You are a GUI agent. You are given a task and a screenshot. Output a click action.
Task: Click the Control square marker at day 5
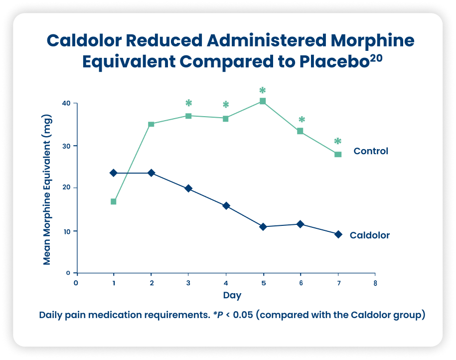pos(263,101)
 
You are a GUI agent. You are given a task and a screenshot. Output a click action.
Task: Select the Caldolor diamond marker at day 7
pos(338,234)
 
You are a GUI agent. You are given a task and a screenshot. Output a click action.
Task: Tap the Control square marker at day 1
pos(113,201)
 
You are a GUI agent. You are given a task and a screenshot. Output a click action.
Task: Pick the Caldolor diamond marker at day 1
pos(113,173)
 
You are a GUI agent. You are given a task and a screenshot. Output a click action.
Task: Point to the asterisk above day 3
pos(188,103)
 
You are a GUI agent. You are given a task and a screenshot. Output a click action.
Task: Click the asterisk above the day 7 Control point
pos(338,142)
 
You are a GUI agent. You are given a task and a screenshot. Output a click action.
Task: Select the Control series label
pos(370,151)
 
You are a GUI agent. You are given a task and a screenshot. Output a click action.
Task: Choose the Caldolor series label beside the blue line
pos(369,235)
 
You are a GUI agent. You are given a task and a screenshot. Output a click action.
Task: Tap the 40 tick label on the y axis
pos(66,103)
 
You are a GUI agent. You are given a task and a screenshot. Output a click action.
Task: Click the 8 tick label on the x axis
pos(375,283)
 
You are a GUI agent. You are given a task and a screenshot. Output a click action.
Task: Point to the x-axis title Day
pos(232,295)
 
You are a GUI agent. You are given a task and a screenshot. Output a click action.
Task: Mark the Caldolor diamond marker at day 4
pos(226,205)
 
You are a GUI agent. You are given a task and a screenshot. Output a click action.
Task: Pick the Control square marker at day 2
pos(151,124)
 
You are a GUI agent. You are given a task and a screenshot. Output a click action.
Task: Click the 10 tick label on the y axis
pos(66,231)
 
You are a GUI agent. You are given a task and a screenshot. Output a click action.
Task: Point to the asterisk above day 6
pos(302,120)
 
